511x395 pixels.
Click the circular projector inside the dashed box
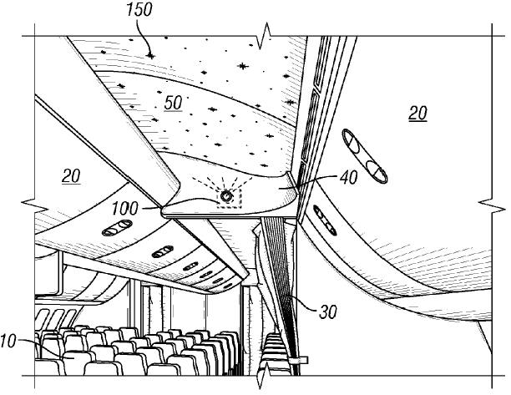click(226, 196)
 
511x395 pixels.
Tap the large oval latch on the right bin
click(365, 157)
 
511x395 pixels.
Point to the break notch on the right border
click(487, 205)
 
